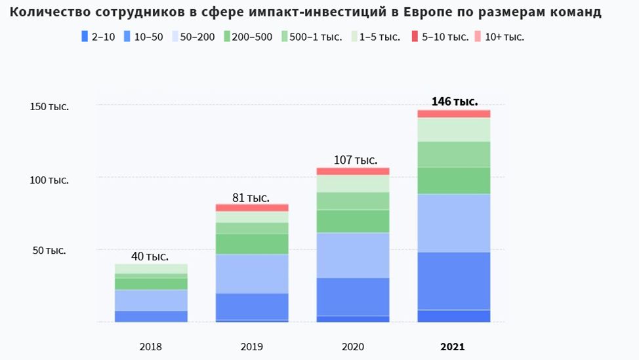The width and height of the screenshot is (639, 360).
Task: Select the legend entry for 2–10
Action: (x=98, y=37)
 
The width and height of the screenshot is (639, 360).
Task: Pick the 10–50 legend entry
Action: (x=143, y=37)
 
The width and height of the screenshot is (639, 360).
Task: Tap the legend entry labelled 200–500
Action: (x=247, y=37)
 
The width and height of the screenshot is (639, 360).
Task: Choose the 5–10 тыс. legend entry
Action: (x=439, y=37)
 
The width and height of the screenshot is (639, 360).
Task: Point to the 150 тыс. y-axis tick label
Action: (x=49, y=106)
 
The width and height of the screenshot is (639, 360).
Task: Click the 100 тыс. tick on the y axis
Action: (x=49, y=179)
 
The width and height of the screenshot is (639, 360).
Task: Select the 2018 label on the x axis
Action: (x=151, y=347)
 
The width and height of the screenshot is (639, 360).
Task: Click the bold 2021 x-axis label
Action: (x=452, y=347)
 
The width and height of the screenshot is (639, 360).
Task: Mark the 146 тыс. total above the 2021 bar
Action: (x=455, y=102)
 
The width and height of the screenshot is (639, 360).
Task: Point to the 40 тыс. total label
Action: (x=150, y=256)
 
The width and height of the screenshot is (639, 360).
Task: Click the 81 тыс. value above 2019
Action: (x=251, y=197)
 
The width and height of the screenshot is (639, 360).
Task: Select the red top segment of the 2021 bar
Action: (x=454, y=113)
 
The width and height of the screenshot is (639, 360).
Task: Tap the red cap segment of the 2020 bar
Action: (x=353, y=171)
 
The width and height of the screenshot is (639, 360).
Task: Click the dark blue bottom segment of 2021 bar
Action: (x=454, y=315)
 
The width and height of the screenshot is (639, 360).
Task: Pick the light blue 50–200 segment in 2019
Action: (x=252, y=273)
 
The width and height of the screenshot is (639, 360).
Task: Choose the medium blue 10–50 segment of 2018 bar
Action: (x=151, y=316)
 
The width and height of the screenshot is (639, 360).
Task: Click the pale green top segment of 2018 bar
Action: (x=151, y=268)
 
